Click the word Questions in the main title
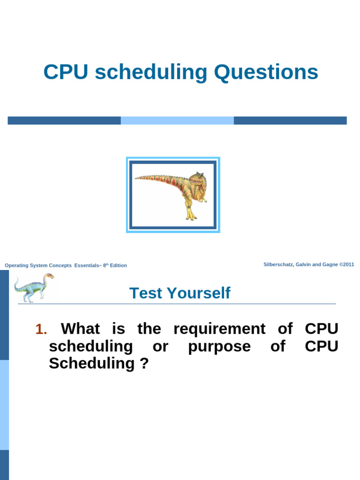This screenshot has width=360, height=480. coord(266,72)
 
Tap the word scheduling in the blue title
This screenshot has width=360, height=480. coord(151,73)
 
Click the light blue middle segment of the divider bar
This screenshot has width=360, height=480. coord(177,120)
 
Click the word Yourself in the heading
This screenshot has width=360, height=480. coord(199,293)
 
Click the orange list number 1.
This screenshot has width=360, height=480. coord(41,329)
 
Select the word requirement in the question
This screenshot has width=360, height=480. coord(219,330)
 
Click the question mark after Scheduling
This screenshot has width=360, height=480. coord(144,363)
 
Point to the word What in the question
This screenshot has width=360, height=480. coord(80,329)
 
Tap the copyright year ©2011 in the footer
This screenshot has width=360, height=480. coord(346,264)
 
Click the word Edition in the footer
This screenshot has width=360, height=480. coord(119,265)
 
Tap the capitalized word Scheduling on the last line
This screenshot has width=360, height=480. coord(91,364)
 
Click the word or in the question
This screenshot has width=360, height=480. coord(160,347)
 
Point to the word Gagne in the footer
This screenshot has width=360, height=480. coord(330,264)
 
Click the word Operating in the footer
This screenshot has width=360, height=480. coord(16,266)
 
